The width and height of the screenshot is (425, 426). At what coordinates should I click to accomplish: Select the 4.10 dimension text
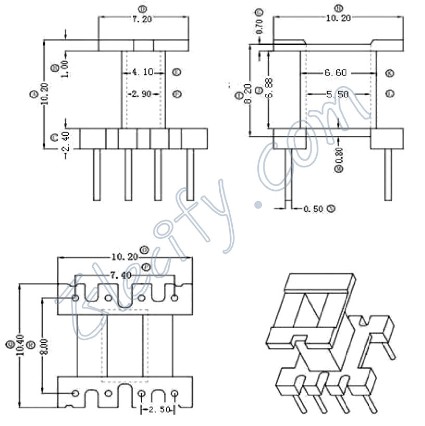(x=143, y=72)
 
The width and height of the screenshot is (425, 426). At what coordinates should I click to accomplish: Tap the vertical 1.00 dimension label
(x=65, y=67)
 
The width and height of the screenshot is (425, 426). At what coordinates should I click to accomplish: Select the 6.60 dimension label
(x=335, y=73)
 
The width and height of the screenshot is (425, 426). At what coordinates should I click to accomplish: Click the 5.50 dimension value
(x=337, y=94)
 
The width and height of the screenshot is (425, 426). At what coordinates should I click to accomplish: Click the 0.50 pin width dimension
(x=313, y=209)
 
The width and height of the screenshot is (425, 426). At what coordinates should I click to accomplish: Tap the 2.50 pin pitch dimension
(x=158, y=410)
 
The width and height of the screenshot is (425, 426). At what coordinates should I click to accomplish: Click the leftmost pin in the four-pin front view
(x=96, y=174)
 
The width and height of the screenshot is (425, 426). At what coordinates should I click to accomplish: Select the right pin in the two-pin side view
(x=387, y=174)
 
